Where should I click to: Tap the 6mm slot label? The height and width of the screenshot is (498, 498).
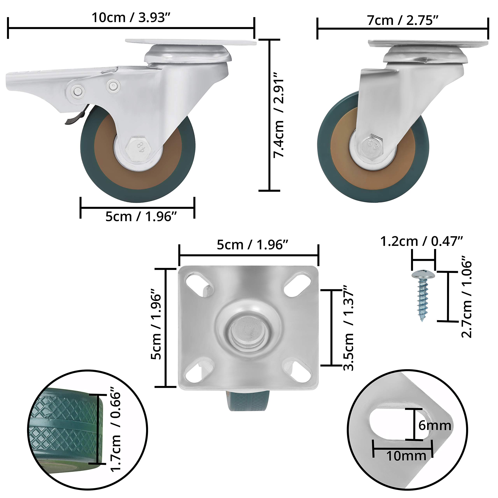tap(435, 425)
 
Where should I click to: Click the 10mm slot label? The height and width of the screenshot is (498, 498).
tap(406, 456)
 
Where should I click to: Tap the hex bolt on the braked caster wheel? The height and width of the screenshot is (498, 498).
tap(139, 149)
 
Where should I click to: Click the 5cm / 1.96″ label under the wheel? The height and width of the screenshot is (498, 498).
tap(141, 216)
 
